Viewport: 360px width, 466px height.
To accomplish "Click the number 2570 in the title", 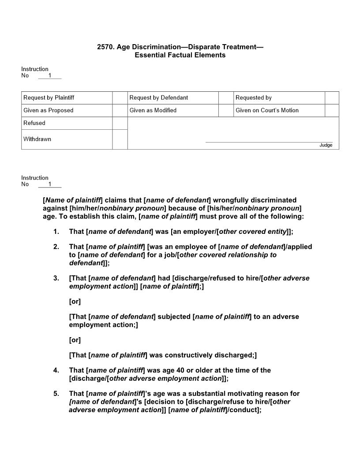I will (105, 47).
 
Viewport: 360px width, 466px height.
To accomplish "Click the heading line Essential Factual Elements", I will (180, 55).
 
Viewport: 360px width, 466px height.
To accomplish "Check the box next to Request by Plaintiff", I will (120, 98).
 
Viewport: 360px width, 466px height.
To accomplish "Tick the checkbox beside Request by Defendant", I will (226, 98).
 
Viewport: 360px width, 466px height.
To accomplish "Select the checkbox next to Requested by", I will (332, 98).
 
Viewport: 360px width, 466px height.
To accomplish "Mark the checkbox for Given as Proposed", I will (120, 110).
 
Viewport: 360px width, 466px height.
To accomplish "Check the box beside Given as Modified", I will (226, 110).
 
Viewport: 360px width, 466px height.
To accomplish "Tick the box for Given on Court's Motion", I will (332, 110).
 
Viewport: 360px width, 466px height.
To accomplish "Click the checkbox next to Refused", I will (120, 123).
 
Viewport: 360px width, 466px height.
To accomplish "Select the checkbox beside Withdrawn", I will (120, 139).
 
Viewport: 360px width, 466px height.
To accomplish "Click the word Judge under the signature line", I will (326, 145).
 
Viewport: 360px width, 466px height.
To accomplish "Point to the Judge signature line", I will (269, 142).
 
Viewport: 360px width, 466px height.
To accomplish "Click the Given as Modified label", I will (153, 110).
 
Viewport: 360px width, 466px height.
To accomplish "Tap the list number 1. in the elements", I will (56, 232).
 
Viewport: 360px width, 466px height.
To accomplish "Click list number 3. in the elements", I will (56, 278).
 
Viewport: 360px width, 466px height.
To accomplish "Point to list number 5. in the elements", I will (56, 394).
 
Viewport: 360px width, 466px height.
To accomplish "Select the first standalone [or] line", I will (75, 302).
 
